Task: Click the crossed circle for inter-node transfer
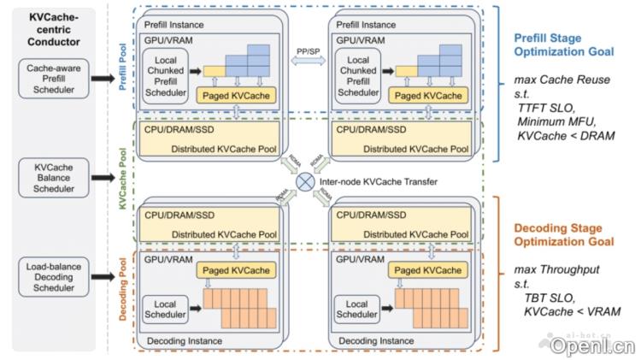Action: (x=305, y=180)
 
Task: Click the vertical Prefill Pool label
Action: (x=120, y=69)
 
